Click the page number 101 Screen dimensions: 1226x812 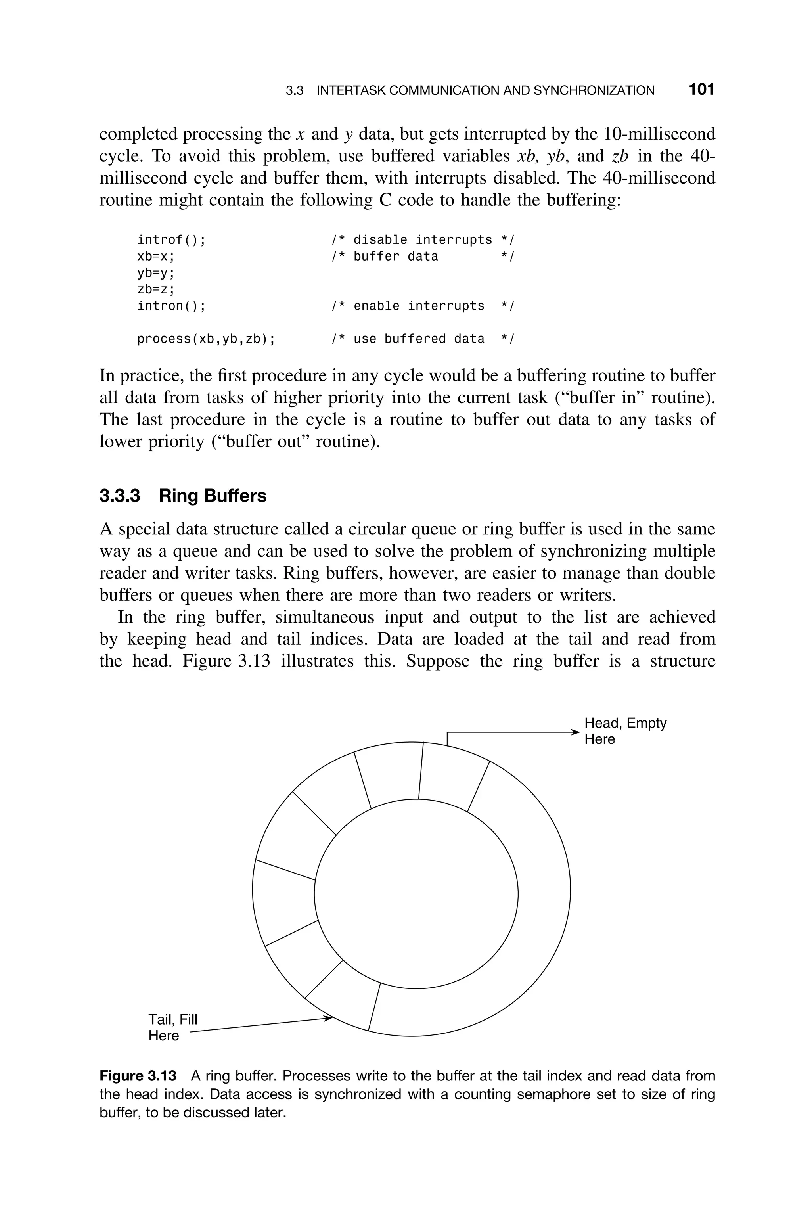tap(701, 90)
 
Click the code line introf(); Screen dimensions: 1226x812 tap(171, 240)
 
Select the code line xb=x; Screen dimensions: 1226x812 tap(156, 256)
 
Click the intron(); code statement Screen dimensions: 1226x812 tap(171, 306)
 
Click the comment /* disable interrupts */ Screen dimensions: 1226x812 tap(423, 240)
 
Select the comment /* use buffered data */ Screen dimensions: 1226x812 tap(423, 339)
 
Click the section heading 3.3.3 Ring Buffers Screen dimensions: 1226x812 tap(183, 496)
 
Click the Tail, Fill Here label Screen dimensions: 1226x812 tap(172, 1027)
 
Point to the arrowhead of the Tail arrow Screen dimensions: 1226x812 tap(328, 1018)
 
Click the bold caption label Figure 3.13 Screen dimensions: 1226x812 tap(138, 1076)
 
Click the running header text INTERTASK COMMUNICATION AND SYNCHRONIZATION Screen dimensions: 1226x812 tap(485, 91)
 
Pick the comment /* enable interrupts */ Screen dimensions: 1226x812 tap(423, 306)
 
